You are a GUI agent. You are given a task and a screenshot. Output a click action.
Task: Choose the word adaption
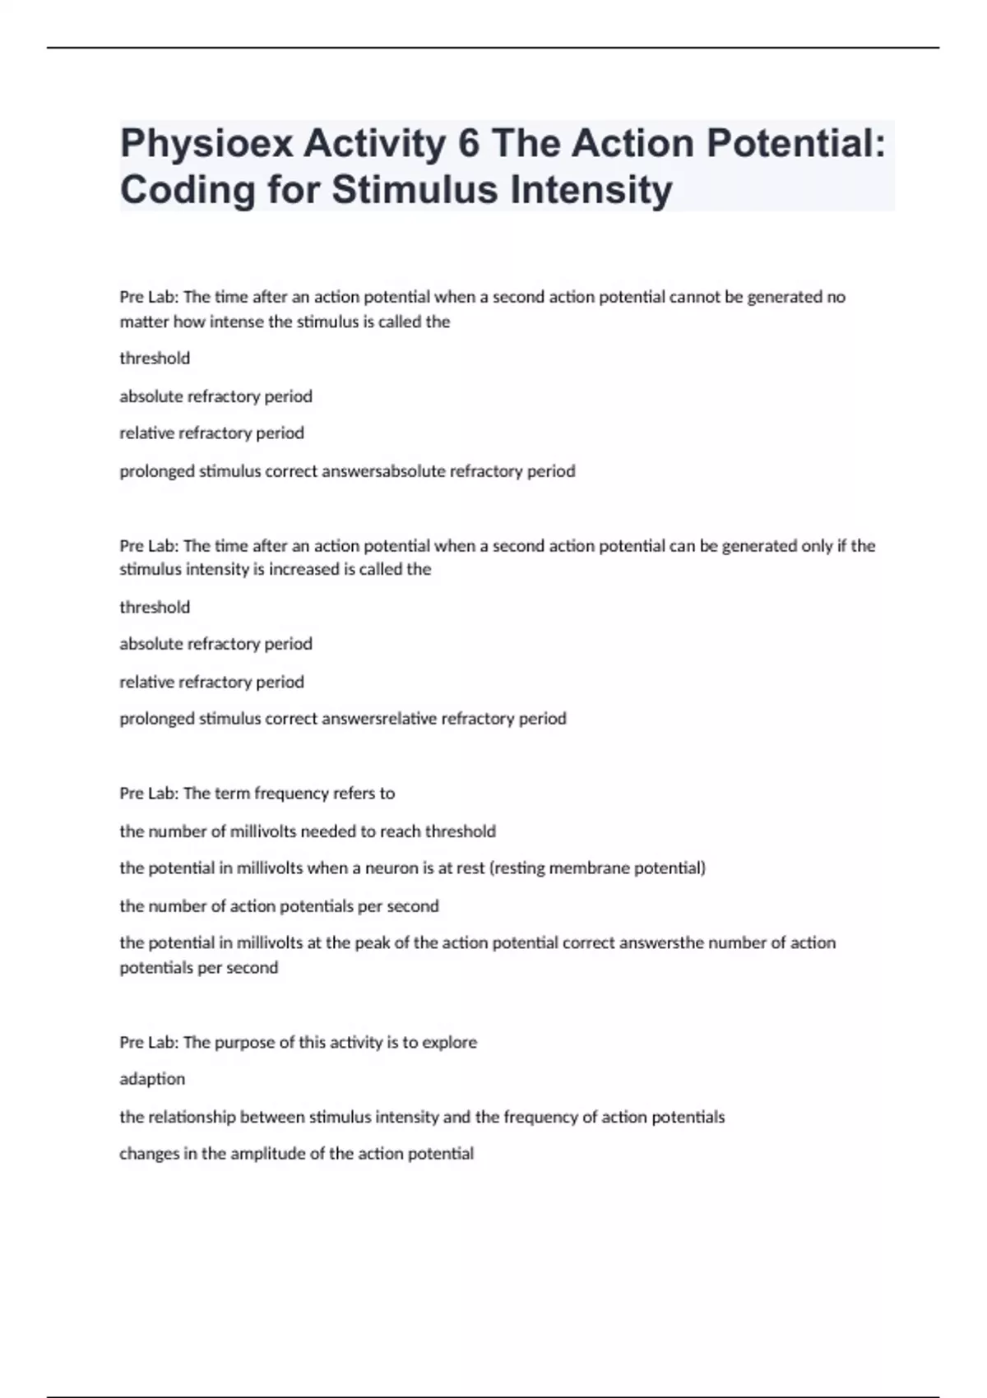click(x=152, y=1079)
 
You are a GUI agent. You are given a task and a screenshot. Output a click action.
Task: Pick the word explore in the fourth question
click(x=449, y=1043)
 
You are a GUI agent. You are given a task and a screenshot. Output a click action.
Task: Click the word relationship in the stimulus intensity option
click(x=192, y=1117)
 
